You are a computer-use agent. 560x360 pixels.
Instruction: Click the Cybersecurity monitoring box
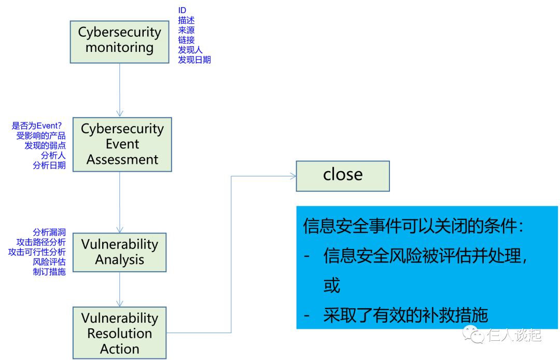119,40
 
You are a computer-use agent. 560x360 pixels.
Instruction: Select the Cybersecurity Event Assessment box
122,144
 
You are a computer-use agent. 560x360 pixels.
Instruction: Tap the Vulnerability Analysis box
119,252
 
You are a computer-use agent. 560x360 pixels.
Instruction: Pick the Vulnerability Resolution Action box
119,333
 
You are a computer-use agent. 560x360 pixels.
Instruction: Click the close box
342,175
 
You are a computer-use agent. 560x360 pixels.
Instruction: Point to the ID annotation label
182,10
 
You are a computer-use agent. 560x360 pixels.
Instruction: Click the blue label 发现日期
194,60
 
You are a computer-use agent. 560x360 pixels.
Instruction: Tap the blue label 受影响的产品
41,136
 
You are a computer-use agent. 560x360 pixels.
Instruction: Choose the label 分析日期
49,165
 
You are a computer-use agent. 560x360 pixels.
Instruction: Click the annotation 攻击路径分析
41,242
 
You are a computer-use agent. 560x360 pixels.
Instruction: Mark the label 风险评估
49,262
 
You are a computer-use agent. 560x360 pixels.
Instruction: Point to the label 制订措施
49,272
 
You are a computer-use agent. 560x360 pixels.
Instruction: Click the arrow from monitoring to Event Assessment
120,88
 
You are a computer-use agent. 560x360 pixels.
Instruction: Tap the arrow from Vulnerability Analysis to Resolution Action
120,288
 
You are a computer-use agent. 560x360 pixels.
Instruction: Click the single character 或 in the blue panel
332,286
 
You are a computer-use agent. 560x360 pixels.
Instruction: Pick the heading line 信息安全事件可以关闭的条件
413,227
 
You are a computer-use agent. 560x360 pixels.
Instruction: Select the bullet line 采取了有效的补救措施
405,315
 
